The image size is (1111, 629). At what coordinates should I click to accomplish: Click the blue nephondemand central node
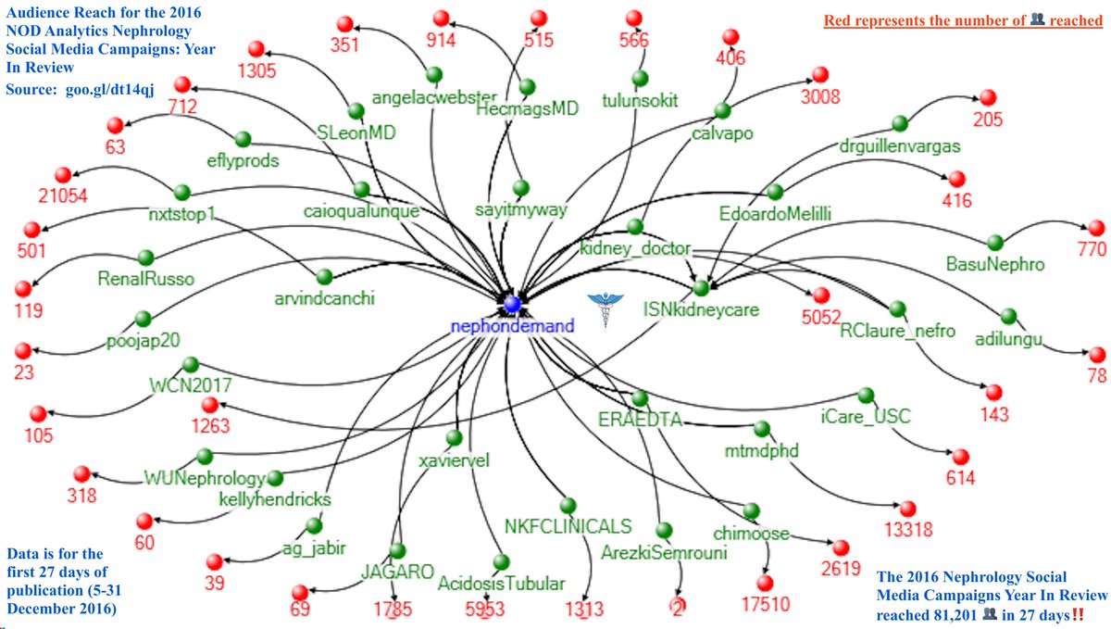[510, 304]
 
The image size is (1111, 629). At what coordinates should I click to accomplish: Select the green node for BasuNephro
[995, 243]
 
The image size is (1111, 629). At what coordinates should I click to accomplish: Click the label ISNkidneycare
[702, 310]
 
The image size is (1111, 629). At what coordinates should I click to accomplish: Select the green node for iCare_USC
[866, 396]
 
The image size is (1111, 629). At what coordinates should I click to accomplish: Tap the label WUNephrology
[204, 478]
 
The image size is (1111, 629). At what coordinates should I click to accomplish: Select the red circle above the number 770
[1096, 228]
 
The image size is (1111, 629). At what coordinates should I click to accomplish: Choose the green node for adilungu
[1008, 316]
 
